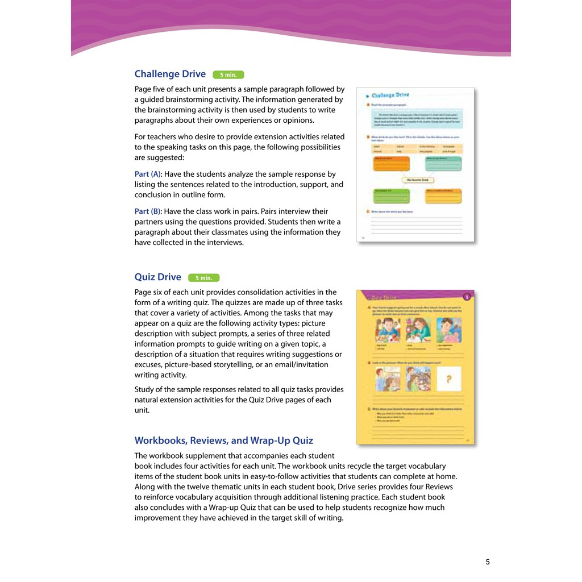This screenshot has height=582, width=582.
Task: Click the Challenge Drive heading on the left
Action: pyautogui.click(x=170, y=74)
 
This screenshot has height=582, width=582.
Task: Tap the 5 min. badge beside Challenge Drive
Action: pyautogui.click(x=228, y=74)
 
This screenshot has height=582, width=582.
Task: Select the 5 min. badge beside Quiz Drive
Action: pyautogui.click(x=203, y=278)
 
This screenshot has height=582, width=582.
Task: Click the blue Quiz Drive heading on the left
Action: pyautogui.click(x=158, y=277)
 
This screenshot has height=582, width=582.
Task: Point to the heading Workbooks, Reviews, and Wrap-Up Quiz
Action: pyautogui.click(x=224, y=440)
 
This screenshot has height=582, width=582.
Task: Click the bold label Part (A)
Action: pyautogui.click(x=148, y=174)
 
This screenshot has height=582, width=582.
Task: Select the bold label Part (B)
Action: pyautogui.click(x=148, y=211)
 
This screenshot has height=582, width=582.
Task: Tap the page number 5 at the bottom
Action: pyautogui.click(x=488, y=562)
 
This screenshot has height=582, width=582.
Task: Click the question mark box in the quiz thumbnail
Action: pyautogui.click(x=448, y=380)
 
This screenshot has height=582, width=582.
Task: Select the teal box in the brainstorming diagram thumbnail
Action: pyautogui.click(x=443, y=164)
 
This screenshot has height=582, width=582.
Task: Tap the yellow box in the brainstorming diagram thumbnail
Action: pyautogui.click(x=443, y=196)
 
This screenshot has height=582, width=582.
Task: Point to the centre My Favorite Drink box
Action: pyautogui.click(x=418, y=180)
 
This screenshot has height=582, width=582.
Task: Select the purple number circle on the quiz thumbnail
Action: pyautogui.click(x=467, y=296)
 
